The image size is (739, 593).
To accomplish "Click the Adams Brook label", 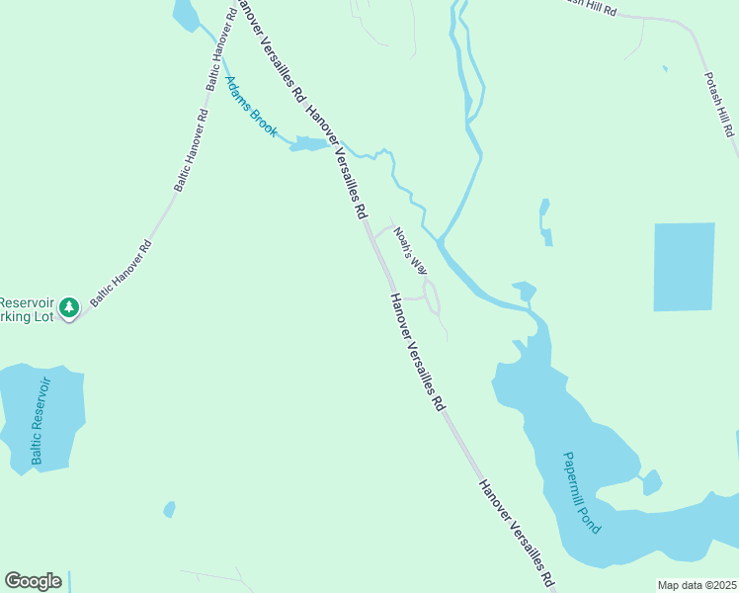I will (251, 106).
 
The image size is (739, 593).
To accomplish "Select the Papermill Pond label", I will (582, 492).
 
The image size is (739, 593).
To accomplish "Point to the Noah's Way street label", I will (410, 251).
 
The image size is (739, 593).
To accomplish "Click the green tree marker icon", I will (68, 308).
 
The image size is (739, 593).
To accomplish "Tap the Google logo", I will (33, 581).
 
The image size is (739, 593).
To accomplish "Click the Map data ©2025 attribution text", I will (697, 585).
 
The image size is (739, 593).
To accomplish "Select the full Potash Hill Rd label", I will (719, 104).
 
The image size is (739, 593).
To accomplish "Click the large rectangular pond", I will (684, 267).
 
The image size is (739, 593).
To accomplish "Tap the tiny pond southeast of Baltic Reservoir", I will (169, 510).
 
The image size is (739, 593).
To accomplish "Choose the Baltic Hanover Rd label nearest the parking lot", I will (122, 272).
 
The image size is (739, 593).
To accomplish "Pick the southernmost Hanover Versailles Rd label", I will (518, 534).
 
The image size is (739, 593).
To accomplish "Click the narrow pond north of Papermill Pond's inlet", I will (544, 222).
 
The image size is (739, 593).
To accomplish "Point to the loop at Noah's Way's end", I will (431, 294).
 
